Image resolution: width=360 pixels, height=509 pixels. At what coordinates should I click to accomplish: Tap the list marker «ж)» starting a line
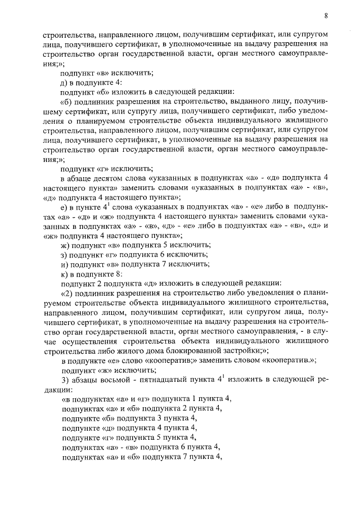[66, 245]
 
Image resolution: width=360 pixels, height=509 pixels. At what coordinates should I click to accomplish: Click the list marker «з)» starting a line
[65, 255]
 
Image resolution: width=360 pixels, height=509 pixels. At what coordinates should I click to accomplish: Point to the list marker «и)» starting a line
[65, 264]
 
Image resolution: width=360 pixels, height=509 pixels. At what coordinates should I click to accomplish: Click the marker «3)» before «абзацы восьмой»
[65, 380]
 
